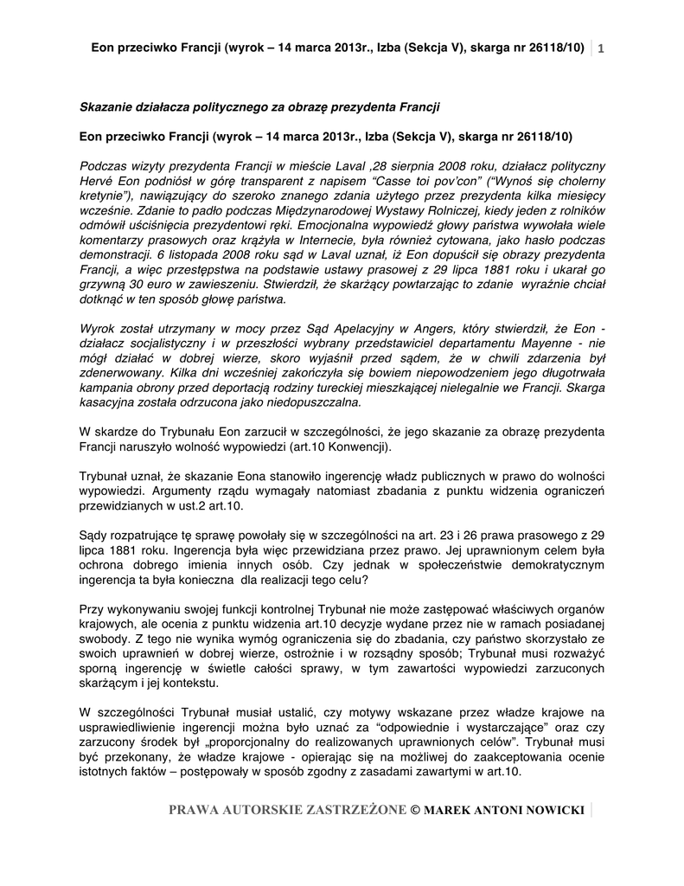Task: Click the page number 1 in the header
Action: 599,47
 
